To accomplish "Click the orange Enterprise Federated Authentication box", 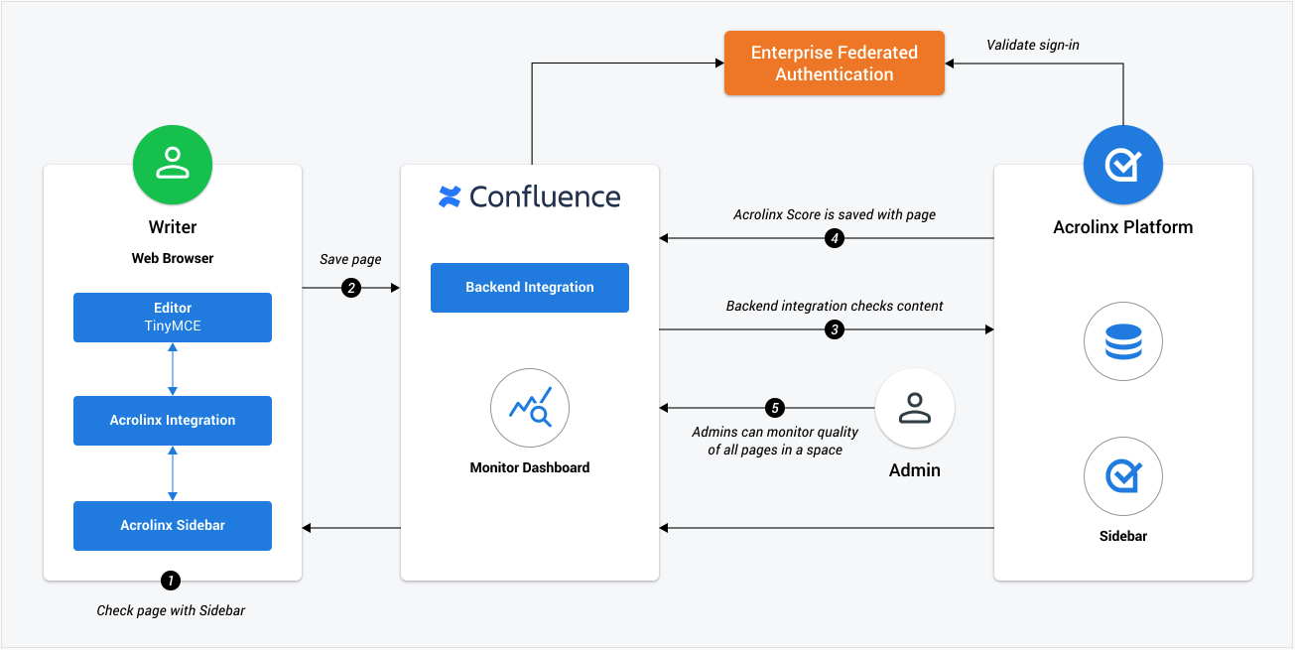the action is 835,64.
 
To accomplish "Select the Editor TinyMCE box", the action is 173,317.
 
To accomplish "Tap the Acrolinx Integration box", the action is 173,421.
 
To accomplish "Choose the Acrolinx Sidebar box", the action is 173,526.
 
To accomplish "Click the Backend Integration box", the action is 530,288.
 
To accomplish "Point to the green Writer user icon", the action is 173,165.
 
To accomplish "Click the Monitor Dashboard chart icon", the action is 530,408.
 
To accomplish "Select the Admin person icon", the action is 915,408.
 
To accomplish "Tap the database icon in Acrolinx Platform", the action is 1123,341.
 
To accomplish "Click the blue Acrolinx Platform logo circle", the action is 1123,165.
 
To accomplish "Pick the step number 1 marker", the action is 171,580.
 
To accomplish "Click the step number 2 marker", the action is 351,288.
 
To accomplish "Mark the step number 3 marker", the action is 835,329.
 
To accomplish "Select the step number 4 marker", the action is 835,238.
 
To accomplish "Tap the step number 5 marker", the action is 775,408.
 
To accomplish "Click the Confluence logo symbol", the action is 450,196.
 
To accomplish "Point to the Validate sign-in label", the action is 1033,45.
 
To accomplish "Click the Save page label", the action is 350,259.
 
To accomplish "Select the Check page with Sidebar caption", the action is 171,610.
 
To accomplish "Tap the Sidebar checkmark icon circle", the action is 1123,476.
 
